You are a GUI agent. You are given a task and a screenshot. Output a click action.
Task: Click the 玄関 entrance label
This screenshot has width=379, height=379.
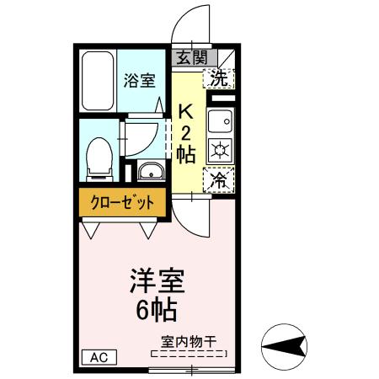pyautogui.click(x=191, y=57)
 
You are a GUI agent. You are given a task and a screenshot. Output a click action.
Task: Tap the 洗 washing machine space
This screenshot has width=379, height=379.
pyautogui.click(x=219, y=80)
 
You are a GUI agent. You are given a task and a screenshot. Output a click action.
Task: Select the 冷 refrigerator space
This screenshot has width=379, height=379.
pyautogui.click(x=218, y=179)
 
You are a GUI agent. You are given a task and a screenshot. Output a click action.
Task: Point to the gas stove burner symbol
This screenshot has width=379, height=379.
pyautogui.click(x=219, y=152)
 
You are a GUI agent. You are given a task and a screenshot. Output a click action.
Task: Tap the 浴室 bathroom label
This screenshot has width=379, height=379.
pyautogui.click(x=140, y=82)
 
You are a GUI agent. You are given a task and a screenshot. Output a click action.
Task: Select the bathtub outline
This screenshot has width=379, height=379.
pyautogui.click(x=98, y=83)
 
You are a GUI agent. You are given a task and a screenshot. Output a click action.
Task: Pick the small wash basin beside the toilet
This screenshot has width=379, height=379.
pyautogui.click(x=152, y=173)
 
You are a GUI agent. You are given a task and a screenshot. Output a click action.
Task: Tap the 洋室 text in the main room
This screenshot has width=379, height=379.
pyautogui.click(x=157, y=280)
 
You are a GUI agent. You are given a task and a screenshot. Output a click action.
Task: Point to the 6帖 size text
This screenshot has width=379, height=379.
pyautogui.click(x=157, y=310)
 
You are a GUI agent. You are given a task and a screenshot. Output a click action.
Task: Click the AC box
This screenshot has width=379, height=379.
pyautogui.click(x=98, y=356)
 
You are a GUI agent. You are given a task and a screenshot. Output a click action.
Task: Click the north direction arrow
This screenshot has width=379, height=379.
pyautogui.click(x=287, y=344)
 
